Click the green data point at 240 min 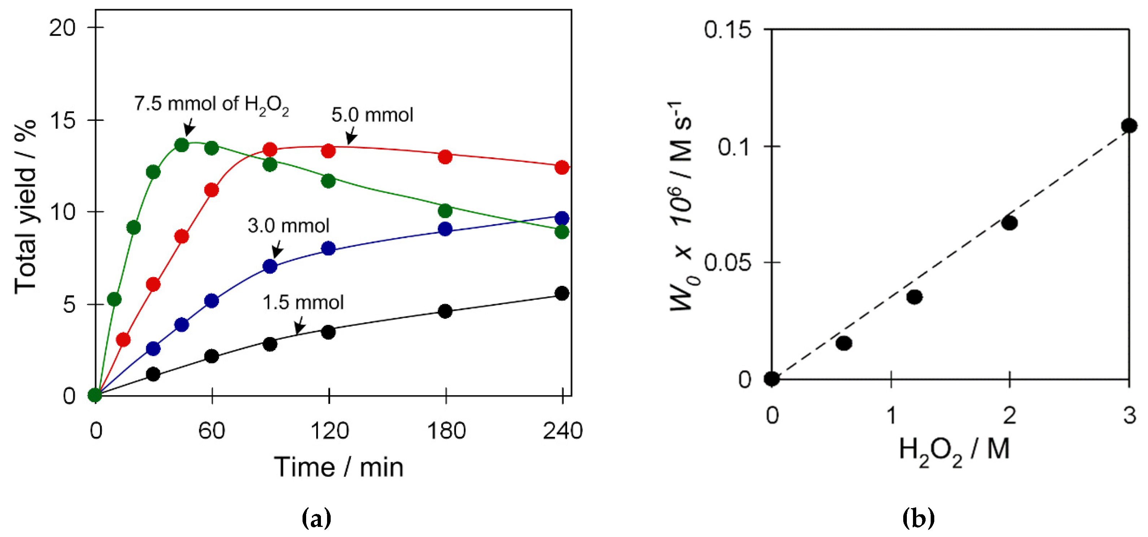tap(562, 232)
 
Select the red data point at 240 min tap(562, 167)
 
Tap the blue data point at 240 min tap(562, 218)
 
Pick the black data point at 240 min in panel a tap(562, 293)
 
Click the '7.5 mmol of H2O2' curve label tap(211, 104)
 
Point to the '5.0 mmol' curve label tap(372, 115)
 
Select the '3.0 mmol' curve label tap(288, 226)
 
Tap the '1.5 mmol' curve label tap(303, 302)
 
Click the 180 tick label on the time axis tap(446, 431)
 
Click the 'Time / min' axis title tap(339, 467)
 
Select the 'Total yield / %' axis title tap(25, 207)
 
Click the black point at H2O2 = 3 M tap(1129, 126)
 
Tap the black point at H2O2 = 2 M tap(1009, 222)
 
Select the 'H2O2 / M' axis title tap(954, 450)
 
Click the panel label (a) tap(316, 518)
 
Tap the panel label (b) tap(918, 518)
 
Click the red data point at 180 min tap(445, 157)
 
